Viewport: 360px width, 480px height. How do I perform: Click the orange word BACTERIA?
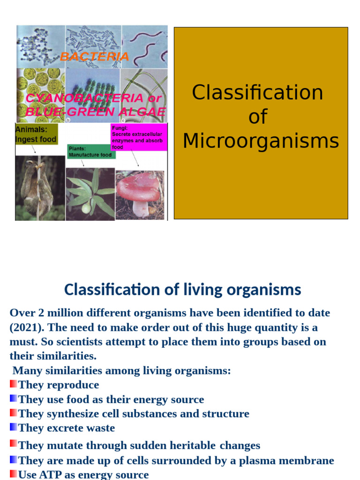[95, 57]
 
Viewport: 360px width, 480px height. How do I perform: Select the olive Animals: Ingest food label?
[36, 135]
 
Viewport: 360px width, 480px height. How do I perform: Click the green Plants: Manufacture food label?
[91, 151]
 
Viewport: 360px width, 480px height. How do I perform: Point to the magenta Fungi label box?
[138, 137]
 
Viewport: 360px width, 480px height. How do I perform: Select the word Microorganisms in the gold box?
[261, 141]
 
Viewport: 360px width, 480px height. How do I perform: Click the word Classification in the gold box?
[257, 92]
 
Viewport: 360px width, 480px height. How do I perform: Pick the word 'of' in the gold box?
[257, 116]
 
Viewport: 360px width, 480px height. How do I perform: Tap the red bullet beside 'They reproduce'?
[13, 384]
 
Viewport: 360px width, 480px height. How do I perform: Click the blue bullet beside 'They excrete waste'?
[13, 427]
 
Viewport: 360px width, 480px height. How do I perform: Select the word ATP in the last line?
[51, 474]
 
